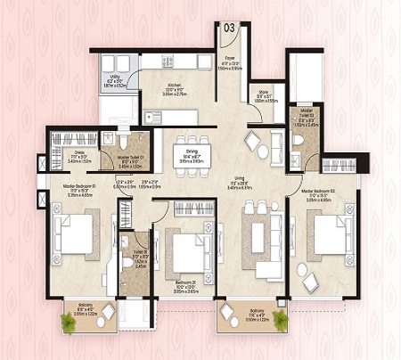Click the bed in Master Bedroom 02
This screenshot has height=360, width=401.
click(x=329, y=238)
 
